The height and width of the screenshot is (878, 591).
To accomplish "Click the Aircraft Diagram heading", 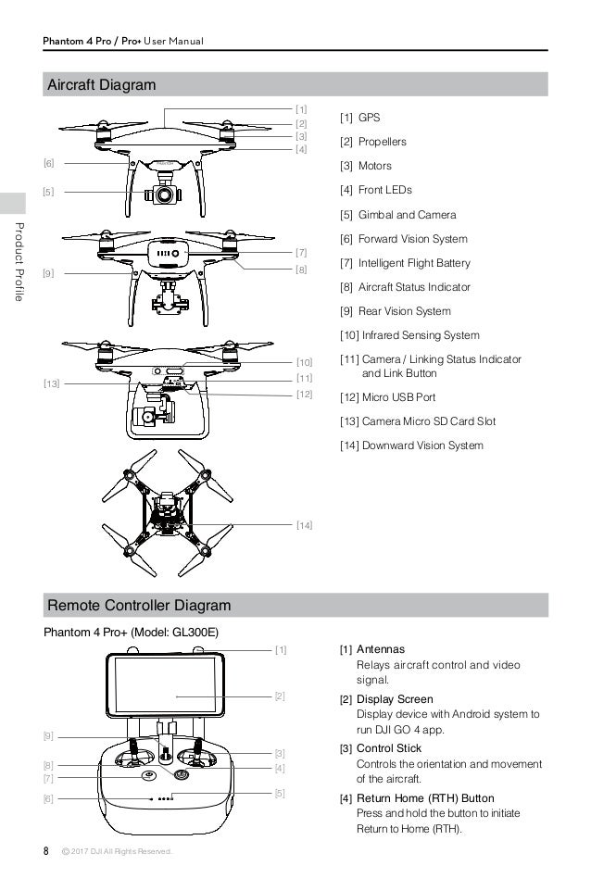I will pos(102,85).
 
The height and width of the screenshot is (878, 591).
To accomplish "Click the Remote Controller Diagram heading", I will pos(138,606).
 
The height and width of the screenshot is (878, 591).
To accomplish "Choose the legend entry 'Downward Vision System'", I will pos(411,445).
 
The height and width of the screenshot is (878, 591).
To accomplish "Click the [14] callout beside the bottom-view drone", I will pos(304,526).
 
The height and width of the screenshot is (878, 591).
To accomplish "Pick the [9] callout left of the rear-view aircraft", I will pos(49,273).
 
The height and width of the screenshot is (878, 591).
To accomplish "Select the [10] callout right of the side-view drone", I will pos(304,362).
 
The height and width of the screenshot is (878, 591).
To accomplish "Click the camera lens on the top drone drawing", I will pos(163,196).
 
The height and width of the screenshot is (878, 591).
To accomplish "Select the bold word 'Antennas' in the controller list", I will pos(381,648).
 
